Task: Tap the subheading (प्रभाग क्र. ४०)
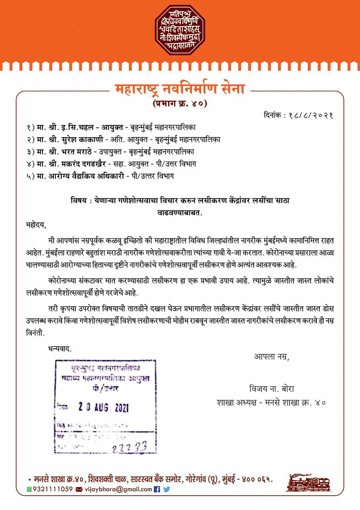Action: click(180, 104)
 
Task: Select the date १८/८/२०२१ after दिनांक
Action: click(310, 116)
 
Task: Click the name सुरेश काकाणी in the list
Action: click(83, 139)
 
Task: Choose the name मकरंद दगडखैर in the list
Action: click(88, 163)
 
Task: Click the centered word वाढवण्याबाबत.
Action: click(180, 213)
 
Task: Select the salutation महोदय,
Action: click(35, 226)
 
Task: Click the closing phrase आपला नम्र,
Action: click(272, 356)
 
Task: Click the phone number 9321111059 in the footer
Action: click(53, 489)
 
